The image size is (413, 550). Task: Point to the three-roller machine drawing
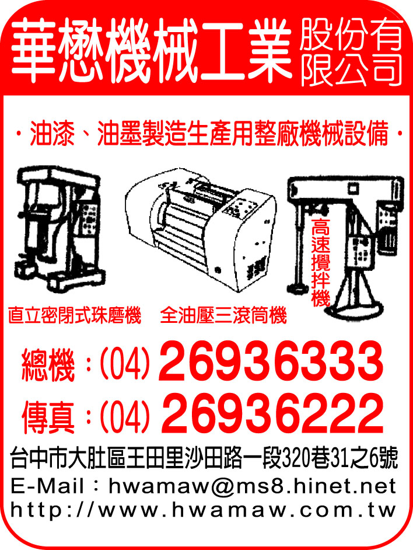[x=201, y=231]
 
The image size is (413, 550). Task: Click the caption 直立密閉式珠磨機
[x=75, y=316]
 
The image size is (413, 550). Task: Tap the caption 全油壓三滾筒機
[x=224, y=316]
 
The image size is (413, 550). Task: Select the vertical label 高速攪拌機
[x=321, y=263]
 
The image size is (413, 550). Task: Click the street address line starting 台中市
[x=205, y=460]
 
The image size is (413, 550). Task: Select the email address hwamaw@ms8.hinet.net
[x=253, y=486]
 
